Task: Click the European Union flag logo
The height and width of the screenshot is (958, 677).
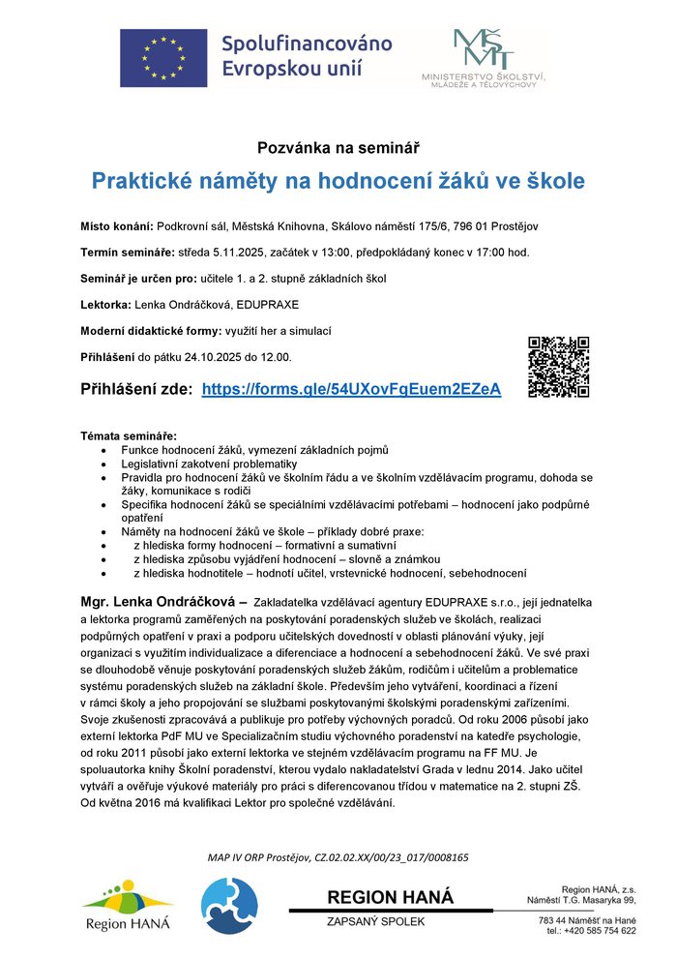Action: coord(163,57)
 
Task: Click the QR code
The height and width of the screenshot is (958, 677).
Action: coord(559,367)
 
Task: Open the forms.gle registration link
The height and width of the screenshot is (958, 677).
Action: coord(351,389)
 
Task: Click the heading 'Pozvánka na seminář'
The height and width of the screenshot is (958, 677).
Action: coord(338,148)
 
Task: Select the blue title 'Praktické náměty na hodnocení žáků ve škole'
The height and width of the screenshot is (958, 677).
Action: coord(338,181)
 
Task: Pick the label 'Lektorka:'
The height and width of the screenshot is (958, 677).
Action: coord(105,305)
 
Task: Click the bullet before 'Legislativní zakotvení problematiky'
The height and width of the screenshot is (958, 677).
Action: coord(104,464)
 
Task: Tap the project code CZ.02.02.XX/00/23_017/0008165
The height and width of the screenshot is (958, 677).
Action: coord(384,856)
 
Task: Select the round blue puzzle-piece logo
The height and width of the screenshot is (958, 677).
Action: coord(229,906)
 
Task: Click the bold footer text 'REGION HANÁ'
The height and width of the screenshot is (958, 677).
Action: coord(390,897)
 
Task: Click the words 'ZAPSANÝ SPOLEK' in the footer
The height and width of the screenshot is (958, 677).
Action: coord(376,921)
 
